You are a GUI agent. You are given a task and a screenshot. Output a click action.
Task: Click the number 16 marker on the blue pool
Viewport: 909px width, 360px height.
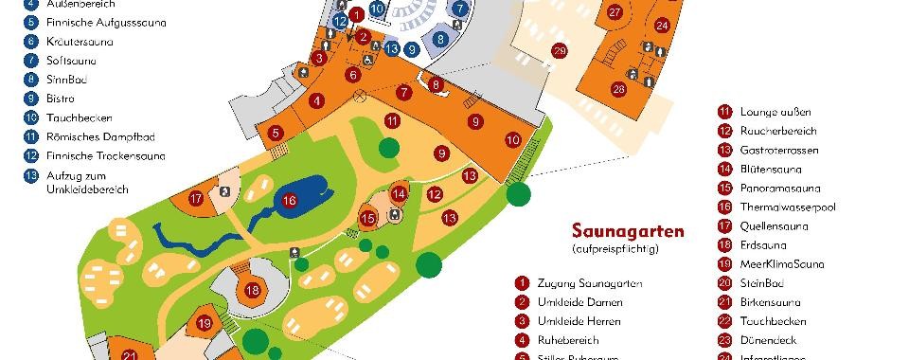click(290, 200)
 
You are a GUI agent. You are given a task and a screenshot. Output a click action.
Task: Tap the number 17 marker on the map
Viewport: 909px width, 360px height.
click(196, 199)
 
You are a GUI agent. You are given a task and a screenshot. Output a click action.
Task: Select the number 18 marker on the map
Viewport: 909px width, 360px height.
click(253, 290)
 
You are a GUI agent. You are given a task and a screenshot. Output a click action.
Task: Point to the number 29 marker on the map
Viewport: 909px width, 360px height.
click(560, 50)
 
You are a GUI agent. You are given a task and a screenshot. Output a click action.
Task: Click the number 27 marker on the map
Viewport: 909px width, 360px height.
click(615, 12)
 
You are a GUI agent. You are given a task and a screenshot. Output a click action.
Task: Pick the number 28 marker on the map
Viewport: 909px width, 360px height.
click(618, 89)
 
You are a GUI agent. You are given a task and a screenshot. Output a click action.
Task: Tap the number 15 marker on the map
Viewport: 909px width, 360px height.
click(368, 218)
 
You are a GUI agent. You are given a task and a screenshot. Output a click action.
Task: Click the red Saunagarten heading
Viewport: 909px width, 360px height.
click(627, 231)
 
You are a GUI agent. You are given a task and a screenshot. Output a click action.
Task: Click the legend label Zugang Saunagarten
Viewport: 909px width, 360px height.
click(589, 283)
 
